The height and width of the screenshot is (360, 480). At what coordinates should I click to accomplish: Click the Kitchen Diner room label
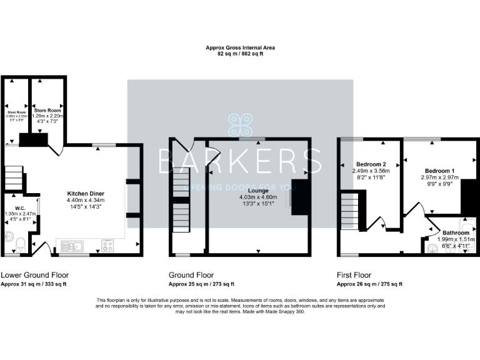point(86,194)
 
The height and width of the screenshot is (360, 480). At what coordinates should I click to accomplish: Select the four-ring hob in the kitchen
point(107,245)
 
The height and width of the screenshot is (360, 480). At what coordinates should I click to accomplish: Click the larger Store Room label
point(47,110)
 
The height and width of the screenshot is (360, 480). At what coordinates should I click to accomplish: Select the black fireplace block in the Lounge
point(299,199)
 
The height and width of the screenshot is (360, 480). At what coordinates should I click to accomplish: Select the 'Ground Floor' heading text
point(191,275)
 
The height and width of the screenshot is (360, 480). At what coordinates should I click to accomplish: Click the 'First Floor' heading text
point(354,275)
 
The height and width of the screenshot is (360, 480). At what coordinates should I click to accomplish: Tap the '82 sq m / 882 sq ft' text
point(240,54)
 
